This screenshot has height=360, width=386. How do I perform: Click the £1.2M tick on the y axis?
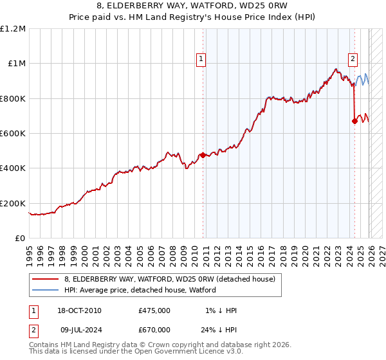13,28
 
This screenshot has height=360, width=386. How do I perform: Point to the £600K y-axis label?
13,134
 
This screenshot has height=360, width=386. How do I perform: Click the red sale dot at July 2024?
354,121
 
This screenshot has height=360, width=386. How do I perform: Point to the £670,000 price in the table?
154,329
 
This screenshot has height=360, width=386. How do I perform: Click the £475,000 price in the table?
154,310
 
